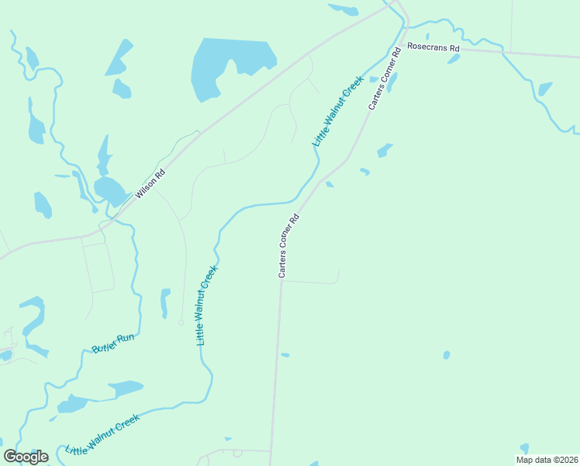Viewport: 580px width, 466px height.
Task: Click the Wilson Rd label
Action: tap(150, 185)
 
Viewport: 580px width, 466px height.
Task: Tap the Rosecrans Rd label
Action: tap(433, 48)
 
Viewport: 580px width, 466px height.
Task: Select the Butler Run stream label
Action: tap(113, 344)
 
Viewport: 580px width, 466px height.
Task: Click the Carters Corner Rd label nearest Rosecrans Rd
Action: tap(385, 78)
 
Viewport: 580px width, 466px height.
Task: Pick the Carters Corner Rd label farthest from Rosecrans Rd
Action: tap(288, 246)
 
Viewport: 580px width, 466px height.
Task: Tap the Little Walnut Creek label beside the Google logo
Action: tap(102, 435)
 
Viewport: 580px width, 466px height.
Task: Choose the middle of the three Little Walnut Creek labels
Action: tap(206, 305)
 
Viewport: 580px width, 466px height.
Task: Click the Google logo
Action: tap(26, 457)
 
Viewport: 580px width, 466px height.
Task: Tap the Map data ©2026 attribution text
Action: tap(546, 460)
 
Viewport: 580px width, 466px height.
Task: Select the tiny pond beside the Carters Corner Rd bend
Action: tap(330, 184)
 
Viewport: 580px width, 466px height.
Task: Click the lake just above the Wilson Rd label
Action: tap(109, 189)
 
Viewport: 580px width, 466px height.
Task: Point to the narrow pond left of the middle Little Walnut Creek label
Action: tap(164, 302)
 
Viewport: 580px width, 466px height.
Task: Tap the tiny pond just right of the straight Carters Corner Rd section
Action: tap(285, 355)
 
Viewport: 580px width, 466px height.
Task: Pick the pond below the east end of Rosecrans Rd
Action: tap(545, 89)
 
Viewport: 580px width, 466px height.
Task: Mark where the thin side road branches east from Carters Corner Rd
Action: tap(281, 282)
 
